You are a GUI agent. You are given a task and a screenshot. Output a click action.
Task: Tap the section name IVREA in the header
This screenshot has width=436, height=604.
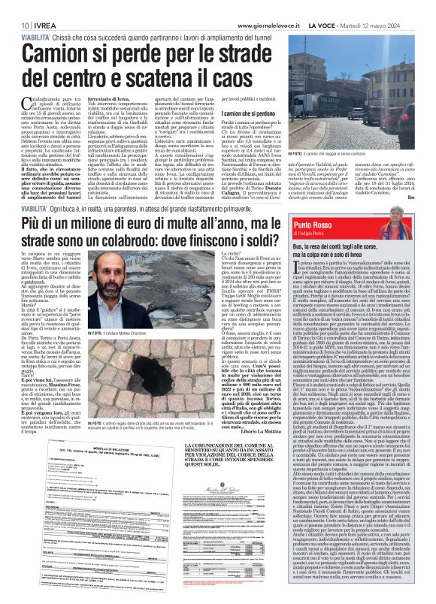[44, 7]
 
